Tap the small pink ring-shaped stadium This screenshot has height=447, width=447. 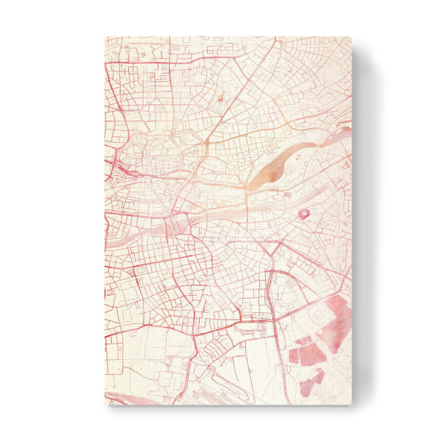point(304,215)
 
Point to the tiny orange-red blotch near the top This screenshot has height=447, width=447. point(221,96)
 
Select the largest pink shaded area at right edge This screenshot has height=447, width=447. point(337,313)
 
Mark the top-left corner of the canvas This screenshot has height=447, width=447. point(105,37)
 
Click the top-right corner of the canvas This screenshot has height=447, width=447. point(351,37)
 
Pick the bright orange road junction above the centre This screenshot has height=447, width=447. point(205,142)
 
